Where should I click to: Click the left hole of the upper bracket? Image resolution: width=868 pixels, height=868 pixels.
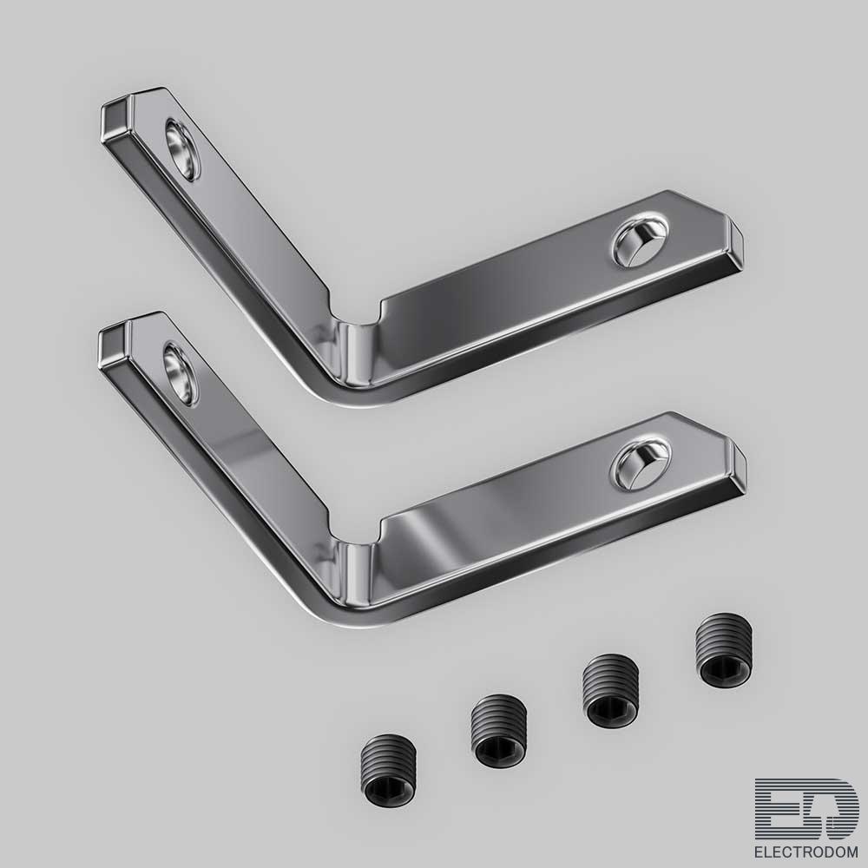pyautogui.click(x=182, y=149)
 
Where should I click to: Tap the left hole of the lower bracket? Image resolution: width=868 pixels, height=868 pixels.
pyautogui.click(x=181, y=373)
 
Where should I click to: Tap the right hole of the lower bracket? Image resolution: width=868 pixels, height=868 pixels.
pyautogui.click(x=641, y=464)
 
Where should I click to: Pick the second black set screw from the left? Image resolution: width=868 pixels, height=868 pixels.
pyautogui.click(x=498, y=730)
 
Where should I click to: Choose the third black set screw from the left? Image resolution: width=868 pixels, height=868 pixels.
pyautogui.click(x=610, y=690)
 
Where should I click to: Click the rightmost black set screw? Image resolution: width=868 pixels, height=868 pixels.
pyautogui.click(x=724, y=649)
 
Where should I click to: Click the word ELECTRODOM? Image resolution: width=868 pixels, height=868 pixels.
pyautogui.click(x=806, y=851)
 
